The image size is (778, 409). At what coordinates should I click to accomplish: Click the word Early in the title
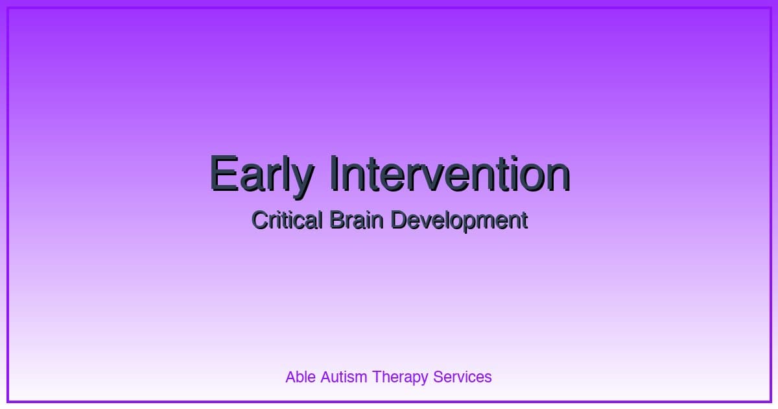[261, 174]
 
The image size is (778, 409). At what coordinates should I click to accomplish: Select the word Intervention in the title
[449, 174]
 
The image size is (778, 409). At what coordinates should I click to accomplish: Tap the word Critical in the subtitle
[286, 221]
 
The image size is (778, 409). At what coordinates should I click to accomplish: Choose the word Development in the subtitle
[459, 221]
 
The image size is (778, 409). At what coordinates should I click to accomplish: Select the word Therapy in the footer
[399, 377]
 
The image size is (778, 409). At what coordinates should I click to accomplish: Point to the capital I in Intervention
[335, 174]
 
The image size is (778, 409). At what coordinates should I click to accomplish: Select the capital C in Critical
[259, 221]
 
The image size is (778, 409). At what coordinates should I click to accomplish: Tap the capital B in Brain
[336, 221]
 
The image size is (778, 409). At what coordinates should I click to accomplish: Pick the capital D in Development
[398, 221]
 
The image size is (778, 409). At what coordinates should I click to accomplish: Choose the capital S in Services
[438, 377]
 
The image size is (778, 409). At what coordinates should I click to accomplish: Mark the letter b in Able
[299, 377]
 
